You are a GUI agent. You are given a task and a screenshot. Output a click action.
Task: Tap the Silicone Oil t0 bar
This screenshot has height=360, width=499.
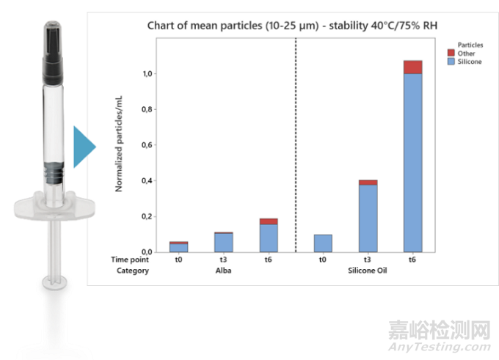click(x=323, y=243)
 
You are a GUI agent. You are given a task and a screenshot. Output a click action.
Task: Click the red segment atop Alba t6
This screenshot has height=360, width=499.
click(x=269, y=221)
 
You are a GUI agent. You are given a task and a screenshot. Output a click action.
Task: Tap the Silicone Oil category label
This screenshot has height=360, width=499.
click(x=368, y=271)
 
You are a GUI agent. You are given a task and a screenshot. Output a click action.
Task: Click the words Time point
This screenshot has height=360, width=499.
click(x=130, y=259)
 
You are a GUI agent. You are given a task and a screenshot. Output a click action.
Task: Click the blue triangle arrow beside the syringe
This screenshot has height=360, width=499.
click(x=83, y=147)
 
